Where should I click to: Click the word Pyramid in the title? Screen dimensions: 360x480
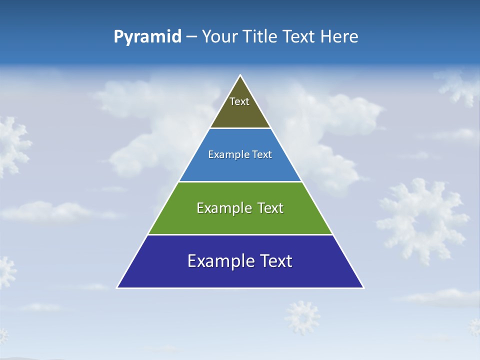pyautogui.click(x=147, y=37)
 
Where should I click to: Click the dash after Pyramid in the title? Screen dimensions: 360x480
pyautogui.click(x=191, y=37)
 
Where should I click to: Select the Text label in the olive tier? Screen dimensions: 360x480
pyautogui.click(x=239, y=101)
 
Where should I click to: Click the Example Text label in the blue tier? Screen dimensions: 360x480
pyautogui.click(x=240, y=154)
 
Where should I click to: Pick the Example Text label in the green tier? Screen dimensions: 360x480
pyautogui.click(x=240, y=208)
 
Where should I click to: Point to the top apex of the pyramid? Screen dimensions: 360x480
pyautogui.click(x=240, y=75)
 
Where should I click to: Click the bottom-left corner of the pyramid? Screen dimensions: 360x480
pyautogui.click(x=117, y=287)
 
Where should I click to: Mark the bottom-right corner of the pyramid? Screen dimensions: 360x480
pyautogui.click(x=363, y=287)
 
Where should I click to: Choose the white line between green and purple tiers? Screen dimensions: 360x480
pyautogui.click(x=240, y=234)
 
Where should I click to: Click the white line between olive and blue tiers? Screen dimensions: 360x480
pyautogui.click(x=240, y=128)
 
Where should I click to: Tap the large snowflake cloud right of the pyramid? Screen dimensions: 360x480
pyautogui.click(x=422, y=220)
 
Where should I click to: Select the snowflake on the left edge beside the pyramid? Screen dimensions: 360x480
pyautogui.click(x=12, y=145)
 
